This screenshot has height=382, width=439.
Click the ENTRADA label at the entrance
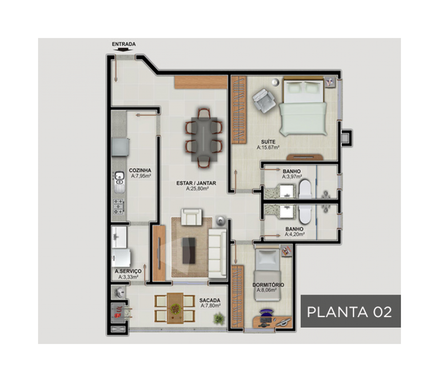(124, 44)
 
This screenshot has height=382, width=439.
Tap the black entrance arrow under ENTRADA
(123, 50)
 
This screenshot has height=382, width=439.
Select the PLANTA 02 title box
(350, 311)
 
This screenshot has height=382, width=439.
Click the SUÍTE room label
(268, 142)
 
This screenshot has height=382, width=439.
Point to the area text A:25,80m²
(197, 189)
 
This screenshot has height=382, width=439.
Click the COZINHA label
(140, 170)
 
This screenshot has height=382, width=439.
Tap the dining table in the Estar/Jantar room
(204, 139)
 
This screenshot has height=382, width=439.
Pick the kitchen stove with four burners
(119, 207)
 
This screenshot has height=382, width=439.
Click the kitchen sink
(120, 182)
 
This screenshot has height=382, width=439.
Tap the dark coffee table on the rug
(189, 250)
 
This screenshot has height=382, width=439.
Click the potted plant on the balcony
(219, 319)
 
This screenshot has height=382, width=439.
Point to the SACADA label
(210, 300)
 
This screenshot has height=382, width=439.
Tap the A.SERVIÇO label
(128, 271)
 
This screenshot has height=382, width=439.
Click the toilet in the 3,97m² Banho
(305, 189)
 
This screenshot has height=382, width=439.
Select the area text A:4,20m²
(295, 234)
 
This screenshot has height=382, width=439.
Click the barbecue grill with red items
(119, 312)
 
